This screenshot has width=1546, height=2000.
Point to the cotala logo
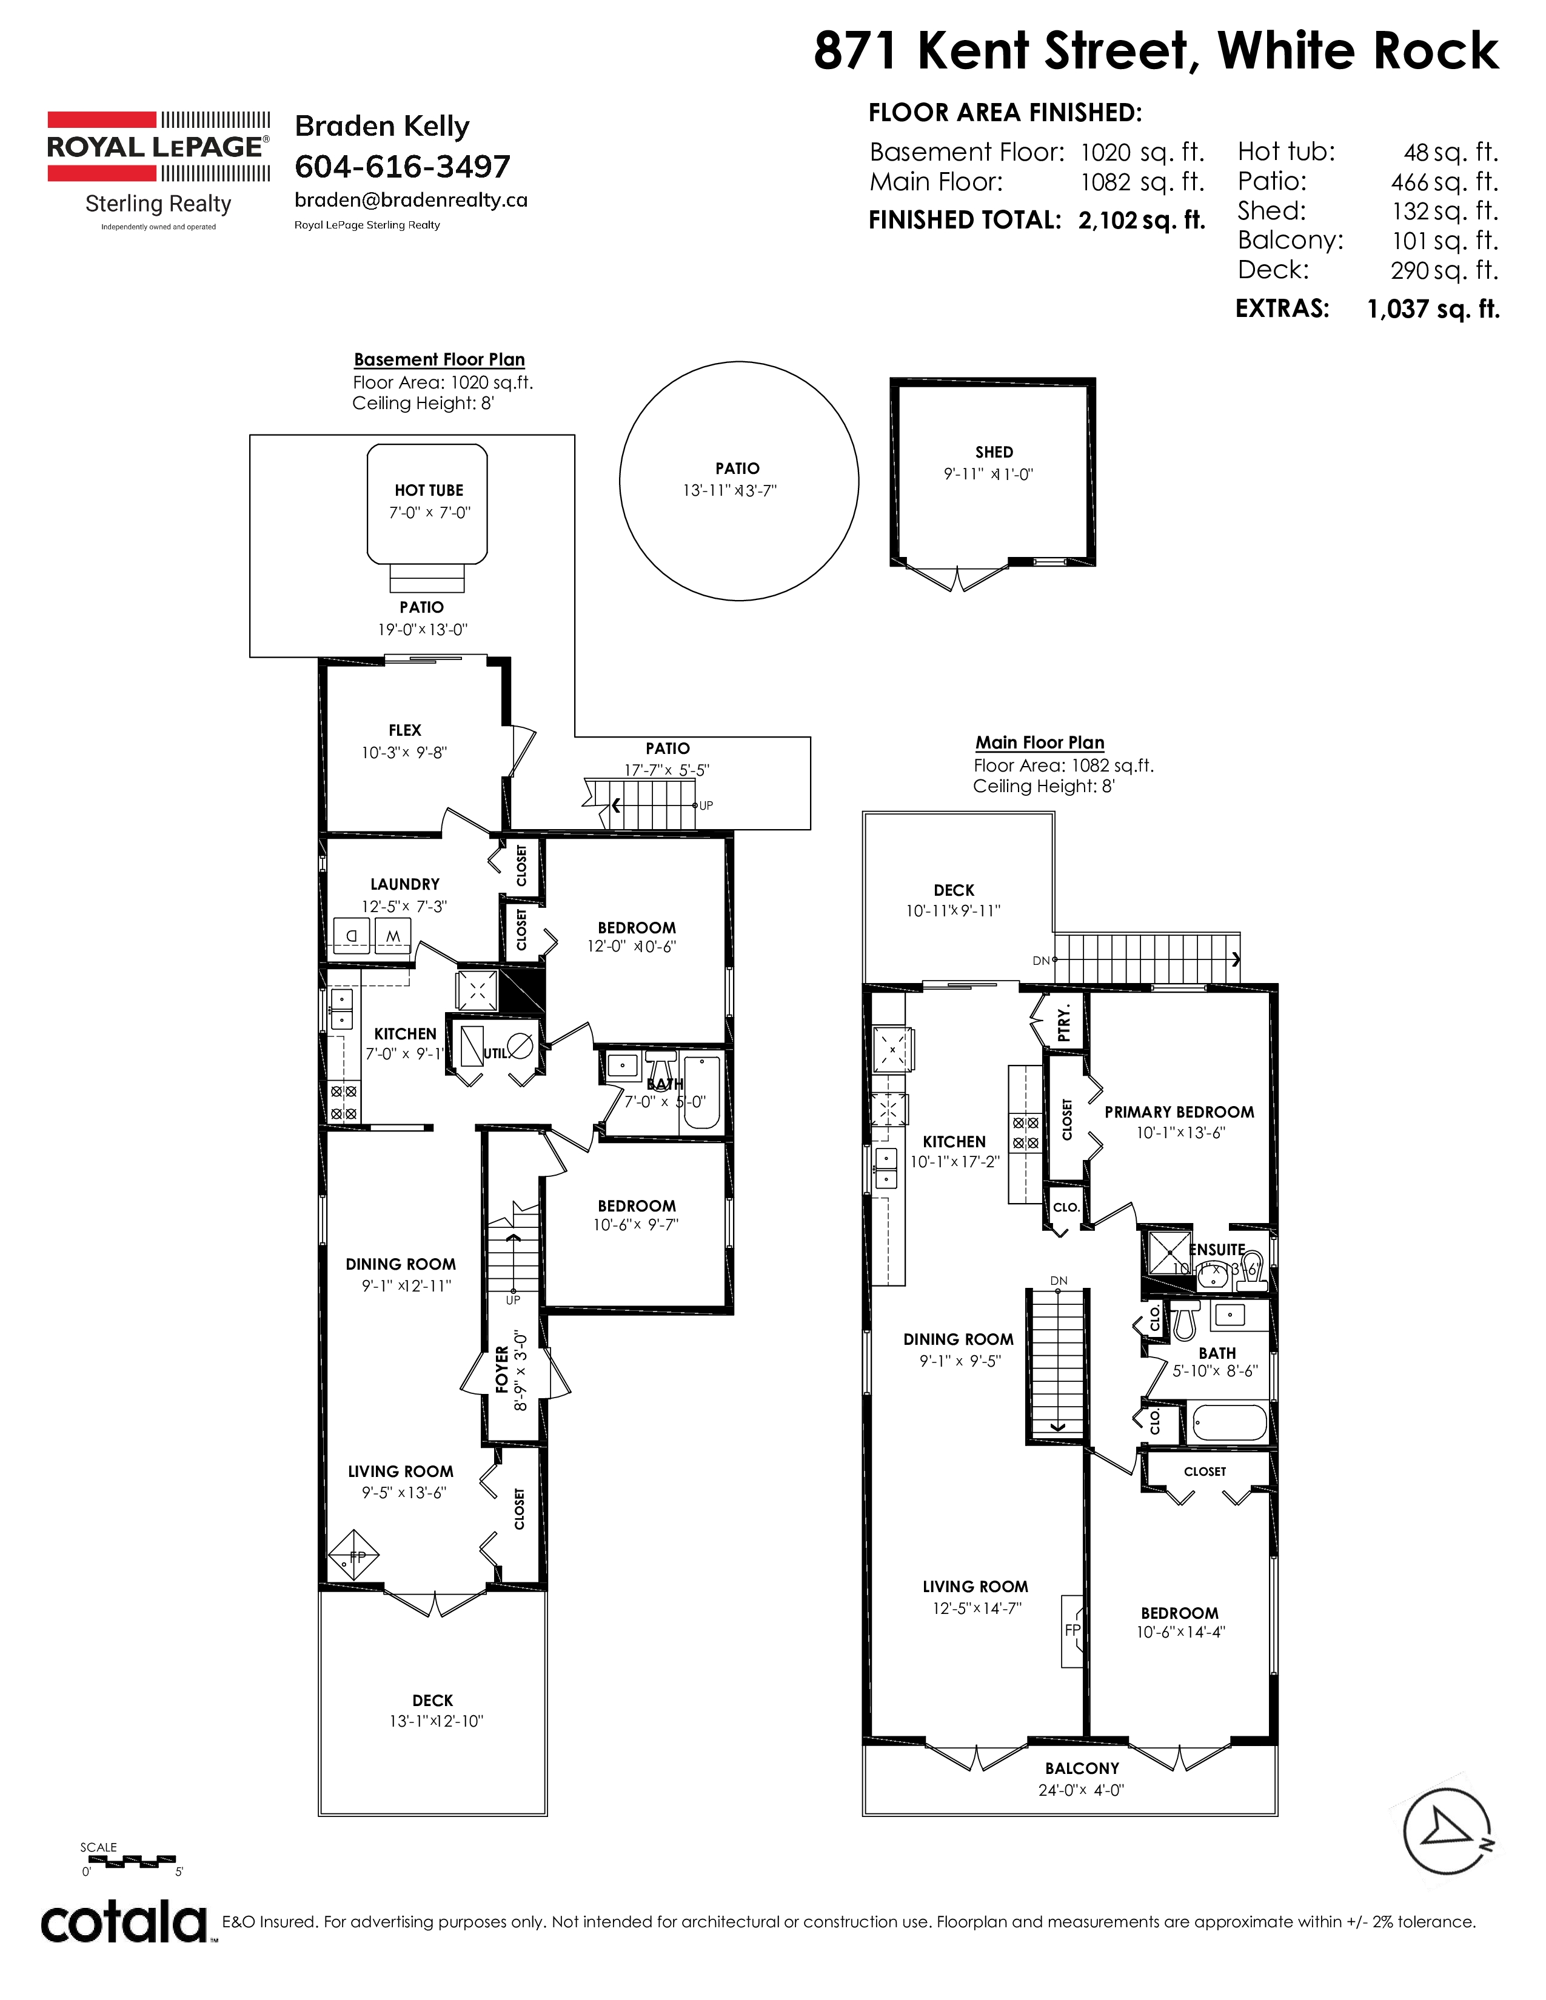point(124,1925)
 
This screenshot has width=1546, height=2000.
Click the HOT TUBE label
point(429,491)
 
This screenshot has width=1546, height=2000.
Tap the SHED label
point(994,452)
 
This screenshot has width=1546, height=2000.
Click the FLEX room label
point(405,730)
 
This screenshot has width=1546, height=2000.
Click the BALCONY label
point(1082,1768)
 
